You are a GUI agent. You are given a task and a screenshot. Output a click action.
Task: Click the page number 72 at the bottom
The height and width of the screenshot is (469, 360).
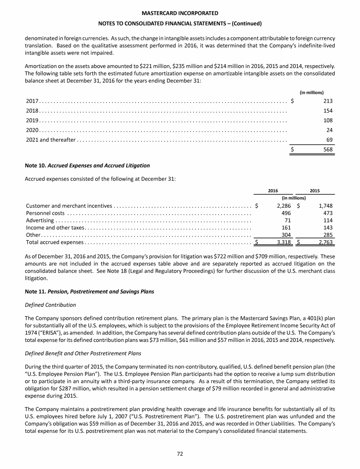180,454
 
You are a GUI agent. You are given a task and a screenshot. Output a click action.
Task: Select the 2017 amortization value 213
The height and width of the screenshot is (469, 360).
328,100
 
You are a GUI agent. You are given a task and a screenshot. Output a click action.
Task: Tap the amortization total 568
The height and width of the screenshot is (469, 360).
328,149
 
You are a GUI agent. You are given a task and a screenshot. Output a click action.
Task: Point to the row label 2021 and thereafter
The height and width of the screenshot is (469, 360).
51,140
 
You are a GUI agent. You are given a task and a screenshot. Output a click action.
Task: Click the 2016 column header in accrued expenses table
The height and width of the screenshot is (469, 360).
273,190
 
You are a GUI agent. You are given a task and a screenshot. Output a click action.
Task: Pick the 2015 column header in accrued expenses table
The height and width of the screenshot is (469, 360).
315,190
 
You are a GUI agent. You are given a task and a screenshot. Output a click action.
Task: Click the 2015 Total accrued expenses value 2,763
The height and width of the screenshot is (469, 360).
323,242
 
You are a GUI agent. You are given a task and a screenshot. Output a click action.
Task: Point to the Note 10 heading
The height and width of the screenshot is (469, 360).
88,166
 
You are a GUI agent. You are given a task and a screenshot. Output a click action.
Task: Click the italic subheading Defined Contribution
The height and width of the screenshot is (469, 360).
51,305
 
